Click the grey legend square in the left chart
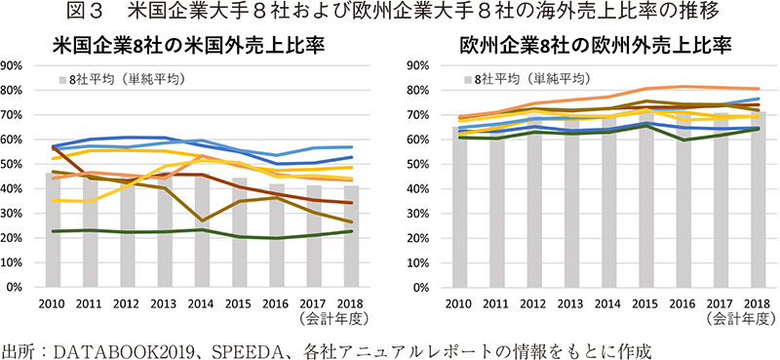(61, 77)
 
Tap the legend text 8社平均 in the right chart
(499, 77)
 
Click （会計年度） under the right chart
(740, 317)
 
